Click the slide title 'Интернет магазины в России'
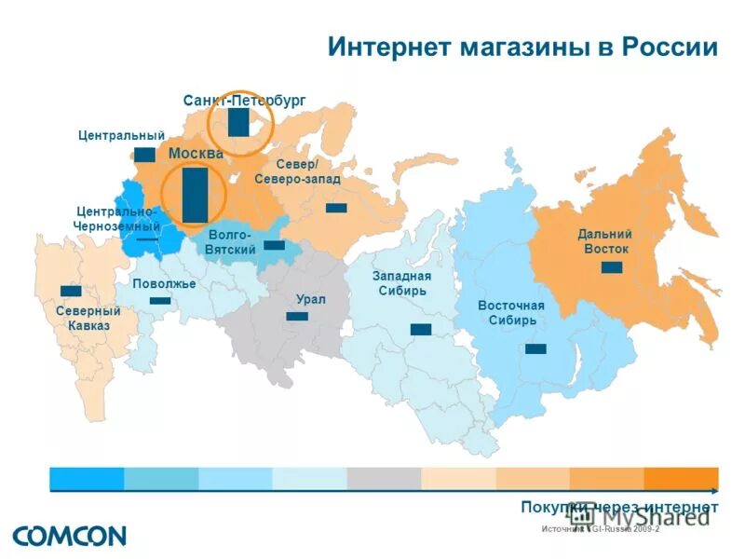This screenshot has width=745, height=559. [x=522, y=48]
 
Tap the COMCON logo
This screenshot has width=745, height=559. [x=69, y=536]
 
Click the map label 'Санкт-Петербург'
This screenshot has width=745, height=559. [x=244, y=100]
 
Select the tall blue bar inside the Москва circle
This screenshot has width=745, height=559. [x=195, y=195]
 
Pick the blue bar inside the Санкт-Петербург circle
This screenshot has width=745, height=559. [x=238, y=123]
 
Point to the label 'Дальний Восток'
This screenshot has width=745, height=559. [x=605, y=242]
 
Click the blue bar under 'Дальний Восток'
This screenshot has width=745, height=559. [x=612, y=268]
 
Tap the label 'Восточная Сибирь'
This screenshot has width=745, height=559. [x=511, y=313]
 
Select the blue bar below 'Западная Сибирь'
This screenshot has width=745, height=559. [x=421, y=330]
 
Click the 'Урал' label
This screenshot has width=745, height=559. [x=310, y=299]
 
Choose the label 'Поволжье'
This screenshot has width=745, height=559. [x=164, y=283]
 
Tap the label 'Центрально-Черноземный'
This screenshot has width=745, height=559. [x=117, y=219]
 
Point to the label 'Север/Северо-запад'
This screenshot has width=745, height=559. [x=296, y=171]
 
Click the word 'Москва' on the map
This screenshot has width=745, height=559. [x=196, y=153]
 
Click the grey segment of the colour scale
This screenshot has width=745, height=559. [x=384, y=479]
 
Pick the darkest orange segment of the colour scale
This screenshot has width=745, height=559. [x=681, y=479]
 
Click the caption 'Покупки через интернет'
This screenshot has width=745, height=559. [x=619, y=506]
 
